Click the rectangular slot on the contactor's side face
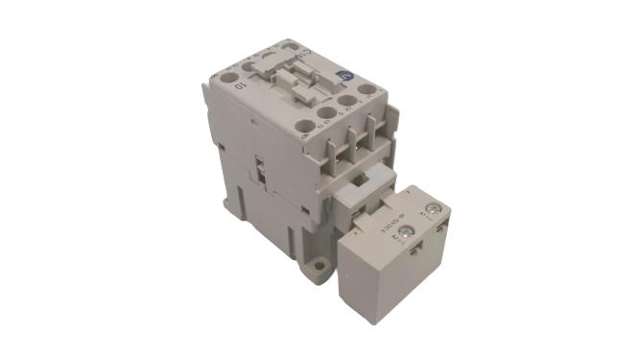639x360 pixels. pos(261,172)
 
